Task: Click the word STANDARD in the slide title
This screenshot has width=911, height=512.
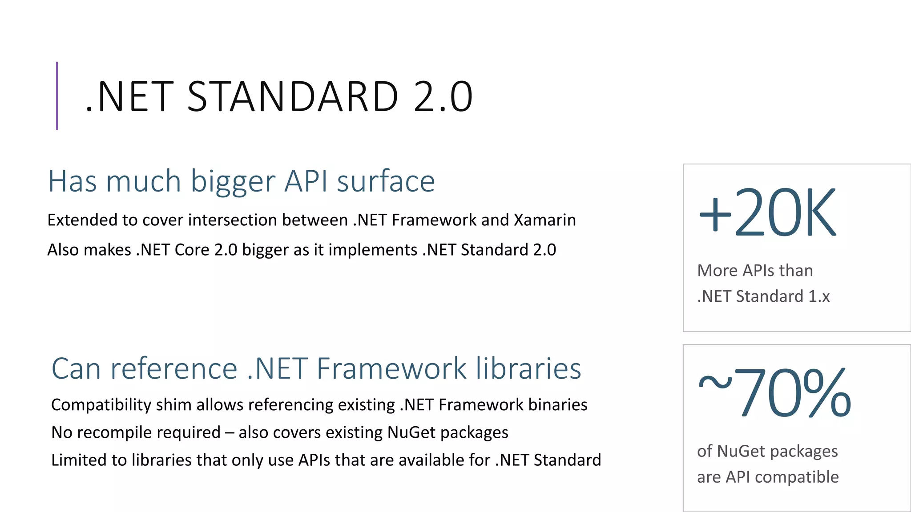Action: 293,96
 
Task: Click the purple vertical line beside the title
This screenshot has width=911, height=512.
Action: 57,96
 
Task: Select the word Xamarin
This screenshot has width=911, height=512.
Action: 545,220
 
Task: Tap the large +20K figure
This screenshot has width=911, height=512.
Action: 768,212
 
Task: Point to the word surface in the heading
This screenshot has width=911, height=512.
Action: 386,181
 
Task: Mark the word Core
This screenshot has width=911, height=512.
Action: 192,250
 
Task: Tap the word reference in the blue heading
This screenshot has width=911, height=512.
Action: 173,369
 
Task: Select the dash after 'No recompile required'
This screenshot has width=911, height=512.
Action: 230,433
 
